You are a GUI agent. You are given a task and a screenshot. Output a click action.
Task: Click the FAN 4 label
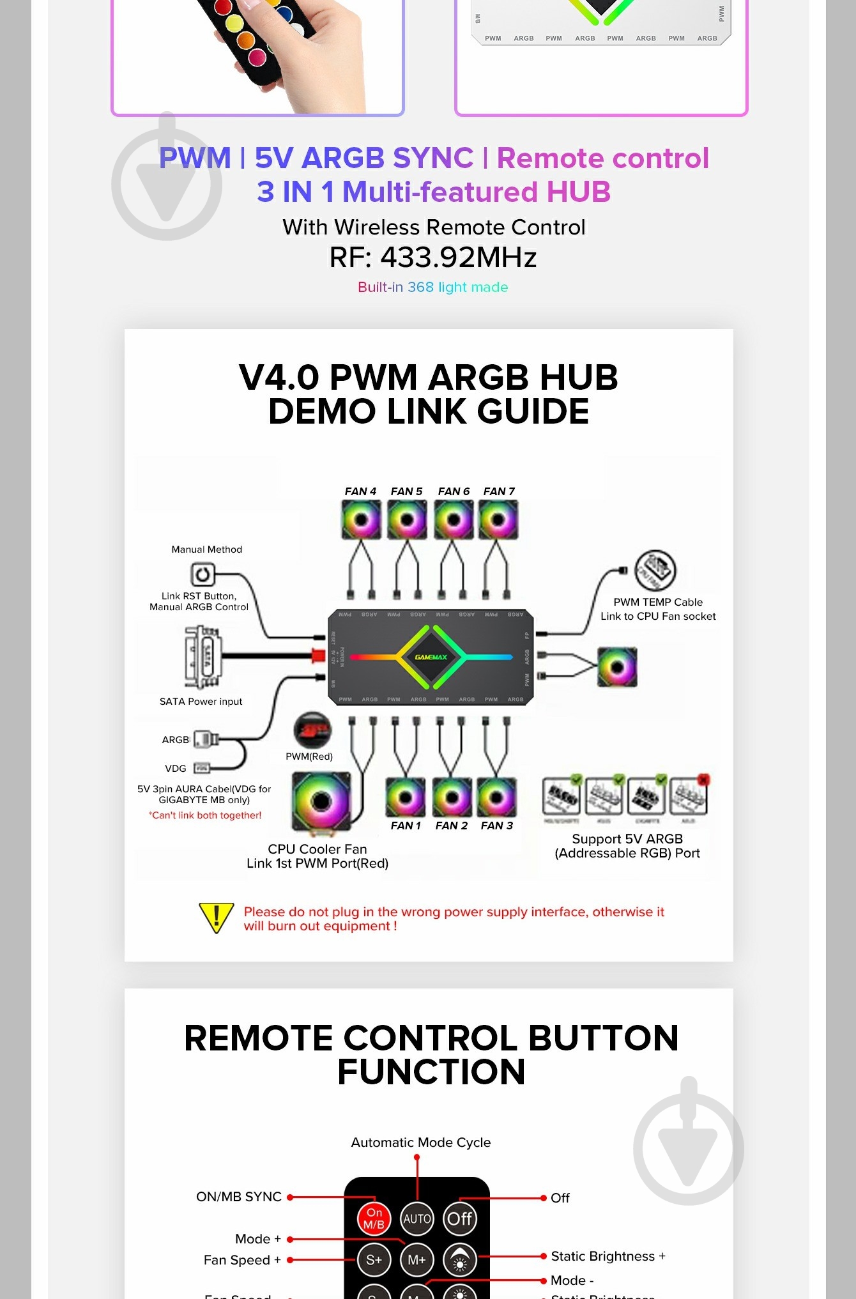[x=360, y=491]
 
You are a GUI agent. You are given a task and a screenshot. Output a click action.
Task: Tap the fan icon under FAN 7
[x=498, y=519]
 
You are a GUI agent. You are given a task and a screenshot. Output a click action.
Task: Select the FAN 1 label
[x=406, y=826]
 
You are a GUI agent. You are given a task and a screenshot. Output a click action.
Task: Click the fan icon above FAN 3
[x=496, y=797]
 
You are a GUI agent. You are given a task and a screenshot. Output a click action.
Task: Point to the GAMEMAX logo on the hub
[x=431, y=657]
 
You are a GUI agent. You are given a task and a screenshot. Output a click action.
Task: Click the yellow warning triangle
[x=217, y=918]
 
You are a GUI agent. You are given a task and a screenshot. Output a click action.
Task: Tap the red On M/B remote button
[x=374, y=1218]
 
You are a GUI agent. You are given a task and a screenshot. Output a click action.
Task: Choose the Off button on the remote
[x=459, y=1218]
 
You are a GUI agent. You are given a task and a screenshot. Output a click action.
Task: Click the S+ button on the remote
[x=374, y=1259]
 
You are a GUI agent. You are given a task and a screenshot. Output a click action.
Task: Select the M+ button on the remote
[x=417, y=1259]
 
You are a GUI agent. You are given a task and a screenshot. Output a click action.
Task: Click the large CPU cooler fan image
[x=321, y=801]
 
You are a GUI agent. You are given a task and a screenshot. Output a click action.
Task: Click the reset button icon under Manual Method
[x=203, y=574]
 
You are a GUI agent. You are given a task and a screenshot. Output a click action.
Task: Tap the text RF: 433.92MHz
[x=432, y=257]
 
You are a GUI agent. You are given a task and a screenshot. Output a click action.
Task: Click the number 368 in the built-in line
[x=420, y=288]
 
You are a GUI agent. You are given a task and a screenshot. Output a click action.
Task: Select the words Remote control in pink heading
[x=602, y=158]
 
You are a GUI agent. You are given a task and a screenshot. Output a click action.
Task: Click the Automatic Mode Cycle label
[x=420, y=1142]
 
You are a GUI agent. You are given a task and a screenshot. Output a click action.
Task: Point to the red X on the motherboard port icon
[x=703, y=780]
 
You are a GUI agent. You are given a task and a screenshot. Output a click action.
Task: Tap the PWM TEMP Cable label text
[x=657, y=602]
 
